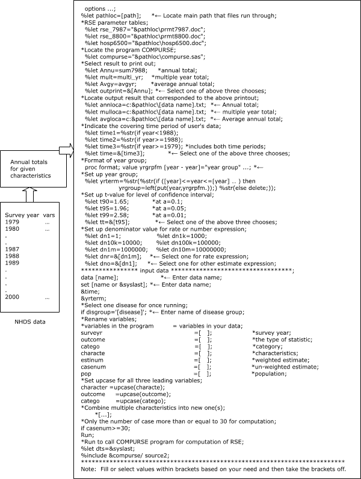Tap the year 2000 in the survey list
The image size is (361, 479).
point(12,297)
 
